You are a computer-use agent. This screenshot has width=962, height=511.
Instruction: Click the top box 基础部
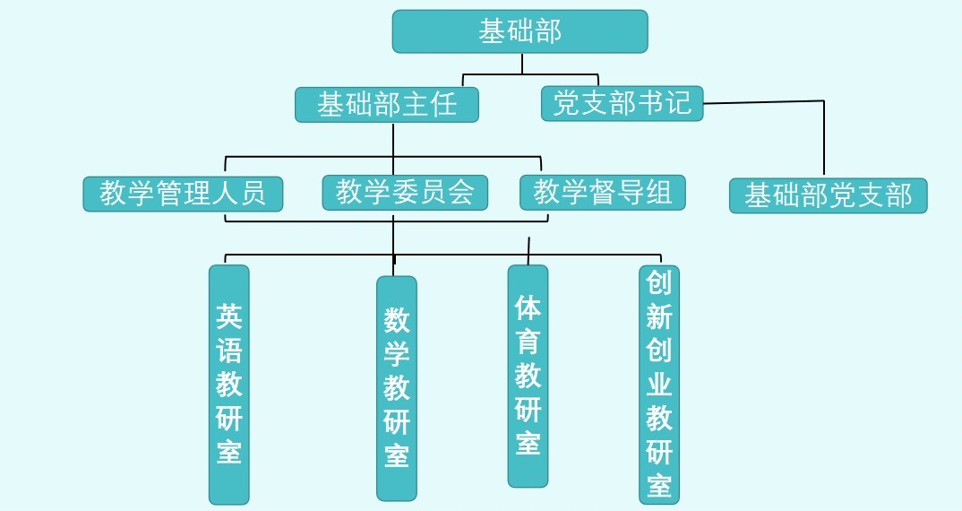coord(520,31)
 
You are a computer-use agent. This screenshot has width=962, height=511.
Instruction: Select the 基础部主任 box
coord(387,104)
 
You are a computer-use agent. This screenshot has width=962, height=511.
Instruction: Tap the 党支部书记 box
coord(623,103)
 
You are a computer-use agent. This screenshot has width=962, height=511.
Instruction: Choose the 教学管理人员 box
coord(183,194)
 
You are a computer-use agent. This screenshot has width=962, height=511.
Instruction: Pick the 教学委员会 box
coord(405,192)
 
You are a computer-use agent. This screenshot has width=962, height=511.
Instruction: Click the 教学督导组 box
coord(603,192)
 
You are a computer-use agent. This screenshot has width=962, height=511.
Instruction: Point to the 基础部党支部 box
coord(828,195)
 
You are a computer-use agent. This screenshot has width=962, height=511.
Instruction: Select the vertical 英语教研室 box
coord(228,384)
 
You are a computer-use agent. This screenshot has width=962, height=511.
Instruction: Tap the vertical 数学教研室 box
coord(396,387)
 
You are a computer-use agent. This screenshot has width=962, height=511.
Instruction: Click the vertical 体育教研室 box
coord(528,376)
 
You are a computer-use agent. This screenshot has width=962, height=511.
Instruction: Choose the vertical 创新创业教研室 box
coord(659,384)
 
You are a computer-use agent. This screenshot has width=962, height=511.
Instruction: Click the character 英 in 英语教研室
coord(229,316)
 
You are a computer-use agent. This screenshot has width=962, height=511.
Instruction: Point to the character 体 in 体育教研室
coord(528,307)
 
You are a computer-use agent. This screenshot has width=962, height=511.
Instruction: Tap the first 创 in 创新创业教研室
coord(659,283)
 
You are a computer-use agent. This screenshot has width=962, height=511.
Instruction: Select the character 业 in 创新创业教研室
coord(659,384)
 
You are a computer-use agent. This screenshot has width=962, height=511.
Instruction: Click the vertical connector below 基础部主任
coord(393,139)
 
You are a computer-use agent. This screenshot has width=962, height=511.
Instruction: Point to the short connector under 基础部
coord(522,63)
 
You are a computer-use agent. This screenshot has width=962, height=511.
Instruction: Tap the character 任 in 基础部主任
coord(444,104)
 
